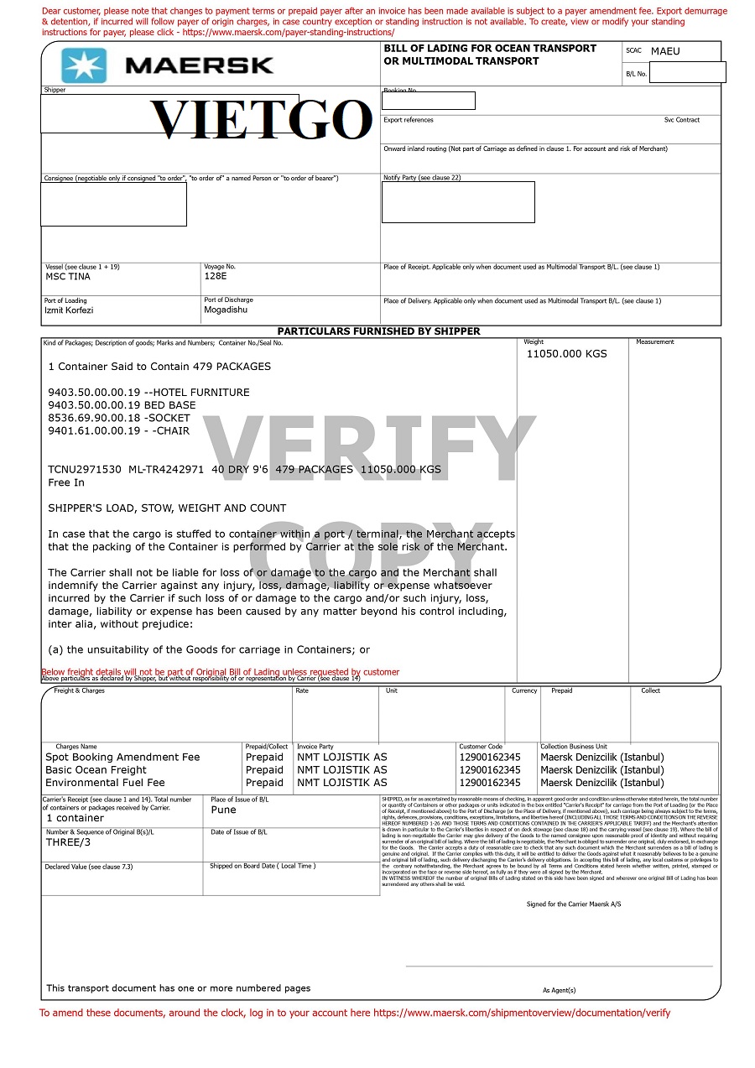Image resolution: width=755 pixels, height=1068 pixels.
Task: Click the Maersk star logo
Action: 84,65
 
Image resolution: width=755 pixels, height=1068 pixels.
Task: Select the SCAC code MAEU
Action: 665,51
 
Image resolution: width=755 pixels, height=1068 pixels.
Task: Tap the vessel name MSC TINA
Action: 68,277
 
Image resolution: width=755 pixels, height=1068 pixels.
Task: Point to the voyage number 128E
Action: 216,276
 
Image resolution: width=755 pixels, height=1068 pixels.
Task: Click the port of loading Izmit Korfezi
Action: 69,310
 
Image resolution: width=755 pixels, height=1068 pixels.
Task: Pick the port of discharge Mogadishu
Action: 226,310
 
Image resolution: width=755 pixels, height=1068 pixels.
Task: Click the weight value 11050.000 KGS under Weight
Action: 566,354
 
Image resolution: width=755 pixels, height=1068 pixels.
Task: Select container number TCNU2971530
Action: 85,470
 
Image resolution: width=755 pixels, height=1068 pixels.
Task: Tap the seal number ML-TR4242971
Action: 166,470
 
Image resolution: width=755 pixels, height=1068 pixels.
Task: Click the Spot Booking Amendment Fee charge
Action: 122,758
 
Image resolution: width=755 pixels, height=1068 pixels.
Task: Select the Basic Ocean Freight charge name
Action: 96,770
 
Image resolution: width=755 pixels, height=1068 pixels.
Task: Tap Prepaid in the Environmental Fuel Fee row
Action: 264,783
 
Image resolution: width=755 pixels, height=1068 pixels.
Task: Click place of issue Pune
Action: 224,810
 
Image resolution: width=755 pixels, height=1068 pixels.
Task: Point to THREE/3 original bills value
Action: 68,842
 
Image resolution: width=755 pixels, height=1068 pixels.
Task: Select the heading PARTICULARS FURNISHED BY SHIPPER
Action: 378,331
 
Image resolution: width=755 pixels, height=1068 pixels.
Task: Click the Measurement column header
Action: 654,342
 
